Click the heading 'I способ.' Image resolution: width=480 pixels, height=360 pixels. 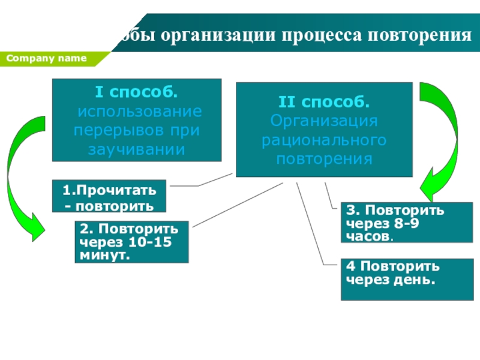point(136,93)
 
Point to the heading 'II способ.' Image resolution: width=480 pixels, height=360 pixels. point(324,102)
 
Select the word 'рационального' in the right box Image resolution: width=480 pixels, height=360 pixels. point(324,140)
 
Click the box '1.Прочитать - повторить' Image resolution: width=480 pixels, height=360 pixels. point(109,197)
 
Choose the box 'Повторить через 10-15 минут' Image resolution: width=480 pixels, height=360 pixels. point(131,242)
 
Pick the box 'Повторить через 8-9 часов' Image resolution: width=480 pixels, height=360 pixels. point(406,222)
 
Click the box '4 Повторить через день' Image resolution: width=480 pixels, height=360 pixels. point(406,279)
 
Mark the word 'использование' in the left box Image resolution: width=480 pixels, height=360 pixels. point(139,112)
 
